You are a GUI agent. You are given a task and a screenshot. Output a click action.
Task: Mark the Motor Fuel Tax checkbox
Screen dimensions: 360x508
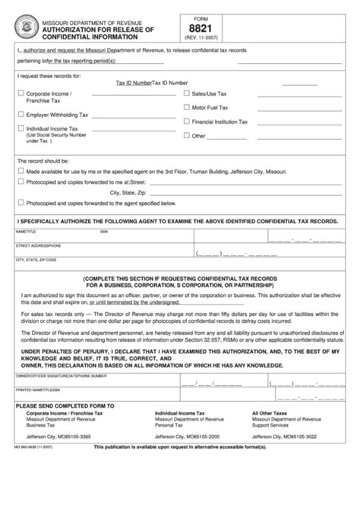(x=187, y=108)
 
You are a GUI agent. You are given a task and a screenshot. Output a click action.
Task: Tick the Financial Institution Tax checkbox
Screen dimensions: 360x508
(x=187, y=121)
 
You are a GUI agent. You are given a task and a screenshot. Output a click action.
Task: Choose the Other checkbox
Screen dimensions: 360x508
(x=187, y=136)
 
